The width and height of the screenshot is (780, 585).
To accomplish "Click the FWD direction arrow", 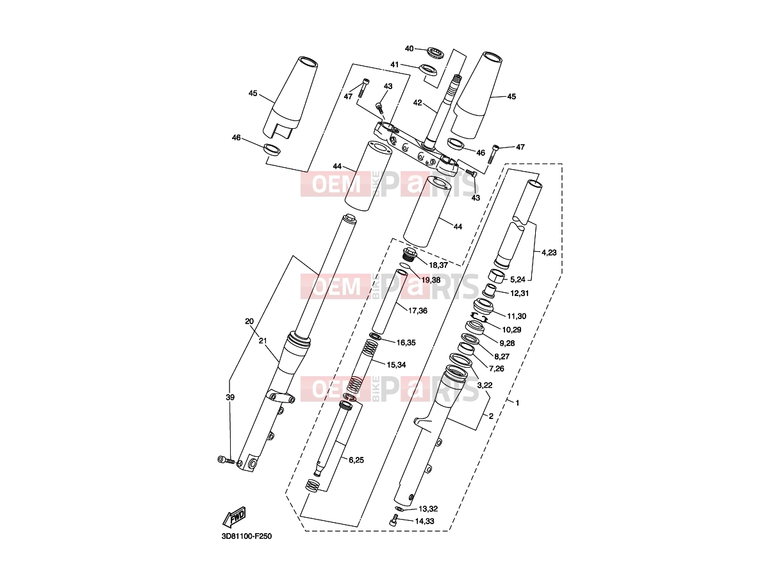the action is pos(234,517).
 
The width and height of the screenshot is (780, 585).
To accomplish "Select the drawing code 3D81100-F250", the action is pos(247,536).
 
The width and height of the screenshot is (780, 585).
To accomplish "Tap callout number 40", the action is pos(410,48).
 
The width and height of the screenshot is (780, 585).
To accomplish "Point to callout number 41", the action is pos(395,65).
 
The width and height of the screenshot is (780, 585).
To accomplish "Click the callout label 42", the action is pos(417,103).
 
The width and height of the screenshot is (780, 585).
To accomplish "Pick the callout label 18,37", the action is pos(438,265).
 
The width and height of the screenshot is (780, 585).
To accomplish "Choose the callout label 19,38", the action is pos(431,280).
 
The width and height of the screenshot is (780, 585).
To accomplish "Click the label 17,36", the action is pos(417,310).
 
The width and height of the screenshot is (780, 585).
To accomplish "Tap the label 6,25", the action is pos(356,460).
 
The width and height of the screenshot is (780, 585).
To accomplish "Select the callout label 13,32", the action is pos(428,509).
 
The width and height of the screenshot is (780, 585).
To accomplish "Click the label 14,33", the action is pos(425,521).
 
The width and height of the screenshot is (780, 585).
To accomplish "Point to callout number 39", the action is pos(230,397).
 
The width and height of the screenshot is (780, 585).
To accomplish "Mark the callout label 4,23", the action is pos(549,252).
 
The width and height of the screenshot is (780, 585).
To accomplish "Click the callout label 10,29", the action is pos(511,329).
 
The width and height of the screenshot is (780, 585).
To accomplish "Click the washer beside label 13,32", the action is pos(399,509).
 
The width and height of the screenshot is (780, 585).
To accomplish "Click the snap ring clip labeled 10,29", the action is pos(478,316).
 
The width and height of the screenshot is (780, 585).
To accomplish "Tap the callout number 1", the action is pos(517,403).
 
